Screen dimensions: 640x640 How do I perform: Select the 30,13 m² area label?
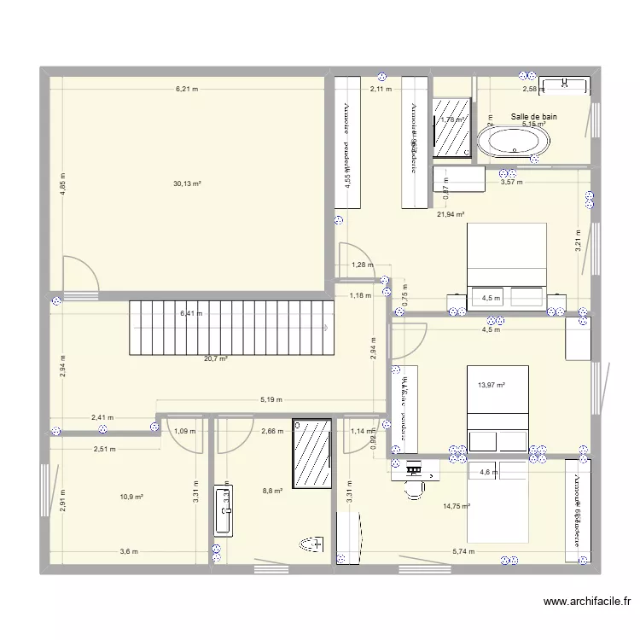[187, 183]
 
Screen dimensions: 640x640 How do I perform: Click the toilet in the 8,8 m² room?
[311, 544]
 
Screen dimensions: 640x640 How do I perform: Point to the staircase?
[230, 328]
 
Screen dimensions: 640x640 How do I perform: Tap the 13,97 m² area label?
[492, 386]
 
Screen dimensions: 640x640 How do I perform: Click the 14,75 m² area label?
[457, 507]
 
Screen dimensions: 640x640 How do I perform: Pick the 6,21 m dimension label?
[187, 89]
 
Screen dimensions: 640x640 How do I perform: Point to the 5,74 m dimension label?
[464, 552]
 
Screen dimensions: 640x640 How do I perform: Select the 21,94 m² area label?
[451, 215]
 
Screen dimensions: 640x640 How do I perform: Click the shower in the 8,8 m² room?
[311, 453]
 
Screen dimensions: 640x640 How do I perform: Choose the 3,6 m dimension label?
[128, 552]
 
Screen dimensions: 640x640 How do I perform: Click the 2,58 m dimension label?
[532, 89]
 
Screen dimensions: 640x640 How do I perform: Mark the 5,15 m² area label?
[534, 125]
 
